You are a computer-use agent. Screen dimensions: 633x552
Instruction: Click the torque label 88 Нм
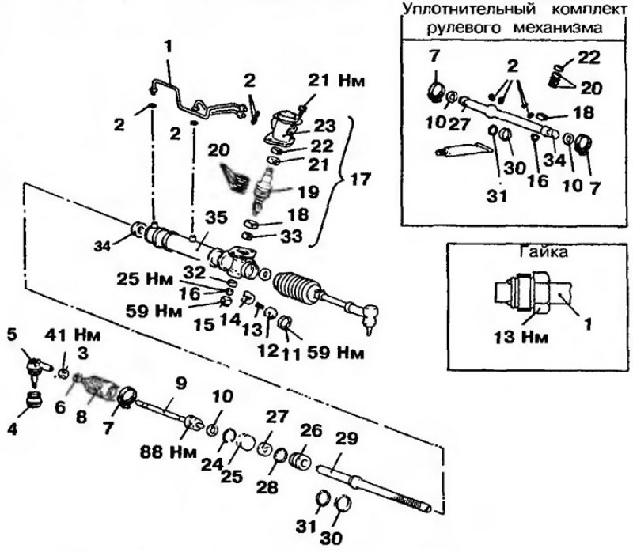[x=168, y=452]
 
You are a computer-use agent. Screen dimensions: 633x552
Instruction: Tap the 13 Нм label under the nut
[x=521, y=337]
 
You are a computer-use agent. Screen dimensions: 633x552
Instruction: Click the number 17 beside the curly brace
[x=359, y=180]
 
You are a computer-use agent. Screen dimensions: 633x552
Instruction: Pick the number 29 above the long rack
[x=347, y=439]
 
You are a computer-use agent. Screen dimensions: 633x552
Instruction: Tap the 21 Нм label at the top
[x=336, y=81]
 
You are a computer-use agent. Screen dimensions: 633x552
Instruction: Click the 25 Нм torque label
[x=145, y=279]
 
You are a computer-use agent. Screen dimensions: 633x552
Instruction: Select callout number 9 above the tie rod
[x=181, y=384]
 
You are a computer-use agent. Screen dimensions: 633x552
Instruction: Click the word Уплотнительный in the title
[x=469, y=10]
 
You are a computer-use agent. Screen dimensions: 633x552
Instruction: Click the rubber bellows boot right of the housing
[x=299, y=288]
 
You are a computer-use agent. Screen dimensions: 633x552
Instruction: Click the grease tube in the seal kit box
[x=464, y=149]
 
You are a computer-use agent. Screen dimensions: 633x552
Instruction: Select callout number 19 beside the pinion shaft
[x=308, y=192]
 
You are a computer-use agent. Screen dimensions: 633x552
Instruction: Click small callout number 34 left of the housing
[x=102, y=246]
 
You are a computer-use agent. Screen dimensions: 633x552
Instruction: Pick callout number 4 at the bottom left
[x=12, y=429]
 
